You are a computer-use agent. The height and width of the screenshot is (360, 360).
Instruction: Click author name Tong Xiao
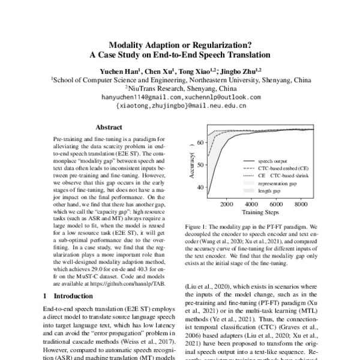[x=201, y=70]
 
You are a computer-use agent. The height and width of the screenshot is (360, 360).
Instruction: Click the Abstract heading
[x=109, y=127]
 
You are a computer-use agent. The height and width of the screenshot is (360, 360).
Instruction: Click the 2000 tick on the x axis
[x=226, y=205]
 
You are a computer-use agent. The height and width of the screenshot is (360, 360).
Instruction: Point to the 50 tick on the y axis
[x=199, y=166]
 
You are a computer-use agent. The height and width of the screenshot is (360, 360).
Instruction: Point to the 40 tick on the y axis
[x=199, y=187]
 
